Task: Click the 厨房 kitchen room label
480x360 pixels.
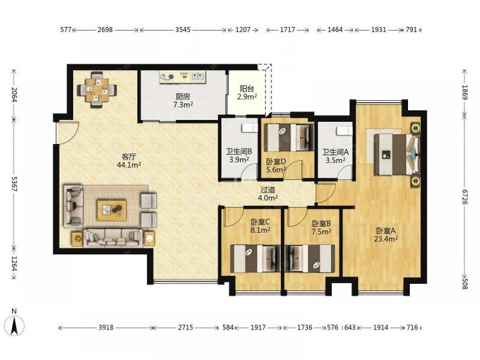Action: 183,97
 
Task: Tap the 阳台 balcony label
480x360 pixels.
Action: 247,89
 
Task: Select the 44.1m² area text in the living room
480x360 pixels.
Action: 129,165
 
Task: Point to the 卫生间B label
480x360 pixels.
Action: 239,152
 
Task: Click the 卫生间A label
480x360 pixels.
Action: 336,152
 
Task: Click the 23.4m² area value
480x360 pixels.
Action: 386,239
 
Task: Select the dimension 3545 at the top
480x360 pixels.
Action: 183,30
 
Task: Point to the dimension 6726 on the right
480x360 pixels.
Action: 465,197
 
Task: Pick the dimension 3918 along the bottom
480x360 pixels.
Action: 106,327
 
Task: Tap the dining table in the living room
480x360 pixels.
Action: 97,90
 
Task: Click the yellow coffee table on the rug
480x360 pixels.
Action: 112,210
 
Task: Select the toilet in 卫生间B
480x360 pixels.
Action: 250,128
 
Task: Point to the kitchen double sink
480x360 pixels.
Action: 198,76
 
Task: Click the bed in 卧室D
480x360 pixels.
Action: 289,137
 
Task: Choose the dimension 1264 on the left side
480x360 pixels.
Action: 14,264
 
